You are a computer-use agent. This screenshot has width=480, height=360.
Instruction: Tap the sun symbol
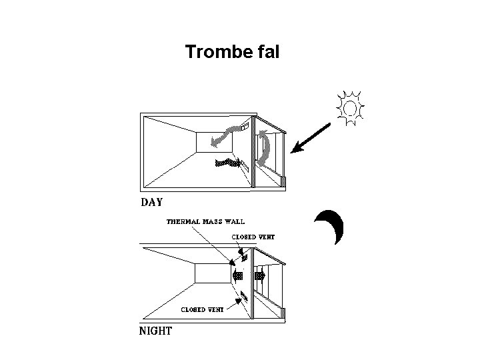pos(350,107)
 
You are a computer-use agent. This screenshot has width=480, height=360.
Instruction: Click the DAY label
pos(152,201)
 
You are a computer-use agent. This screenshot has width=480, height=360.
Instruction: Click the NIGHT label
pos(155,330)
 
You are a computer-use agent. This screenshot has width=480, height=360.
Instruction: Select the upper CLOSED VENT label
pos(253,237)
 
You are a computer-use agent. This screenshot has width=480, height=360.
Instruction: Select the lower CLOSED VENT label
pos(203,309)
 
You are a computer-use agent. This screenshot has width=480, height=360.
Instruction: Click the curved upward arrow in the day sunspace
pos(265,149)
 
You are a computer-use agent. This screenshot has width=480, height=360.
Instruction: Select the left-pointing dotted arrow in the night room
pos(237,274)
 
